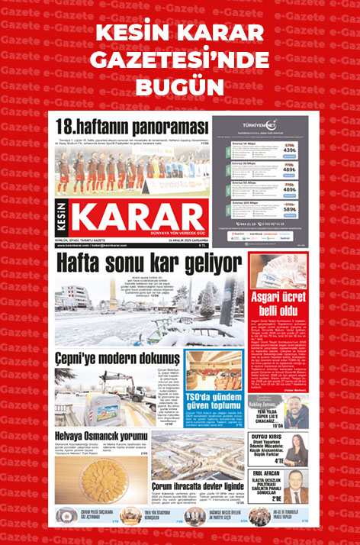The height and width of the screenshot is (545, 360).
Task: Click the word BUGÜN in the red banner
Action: (180, 84)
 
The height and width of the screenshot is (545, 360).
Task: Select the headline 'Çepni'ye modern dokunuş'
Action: (117, 357)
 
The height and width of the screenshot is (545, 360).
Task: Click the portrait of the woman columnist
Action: (297, 452)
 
